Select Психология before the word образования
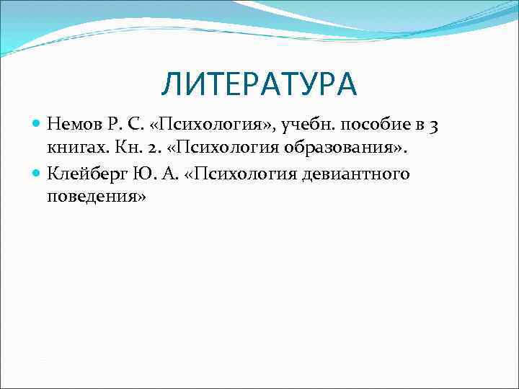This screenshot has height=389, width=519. coord(229,149)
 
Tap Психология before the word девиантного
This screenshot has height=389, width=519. coord(236,174)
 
